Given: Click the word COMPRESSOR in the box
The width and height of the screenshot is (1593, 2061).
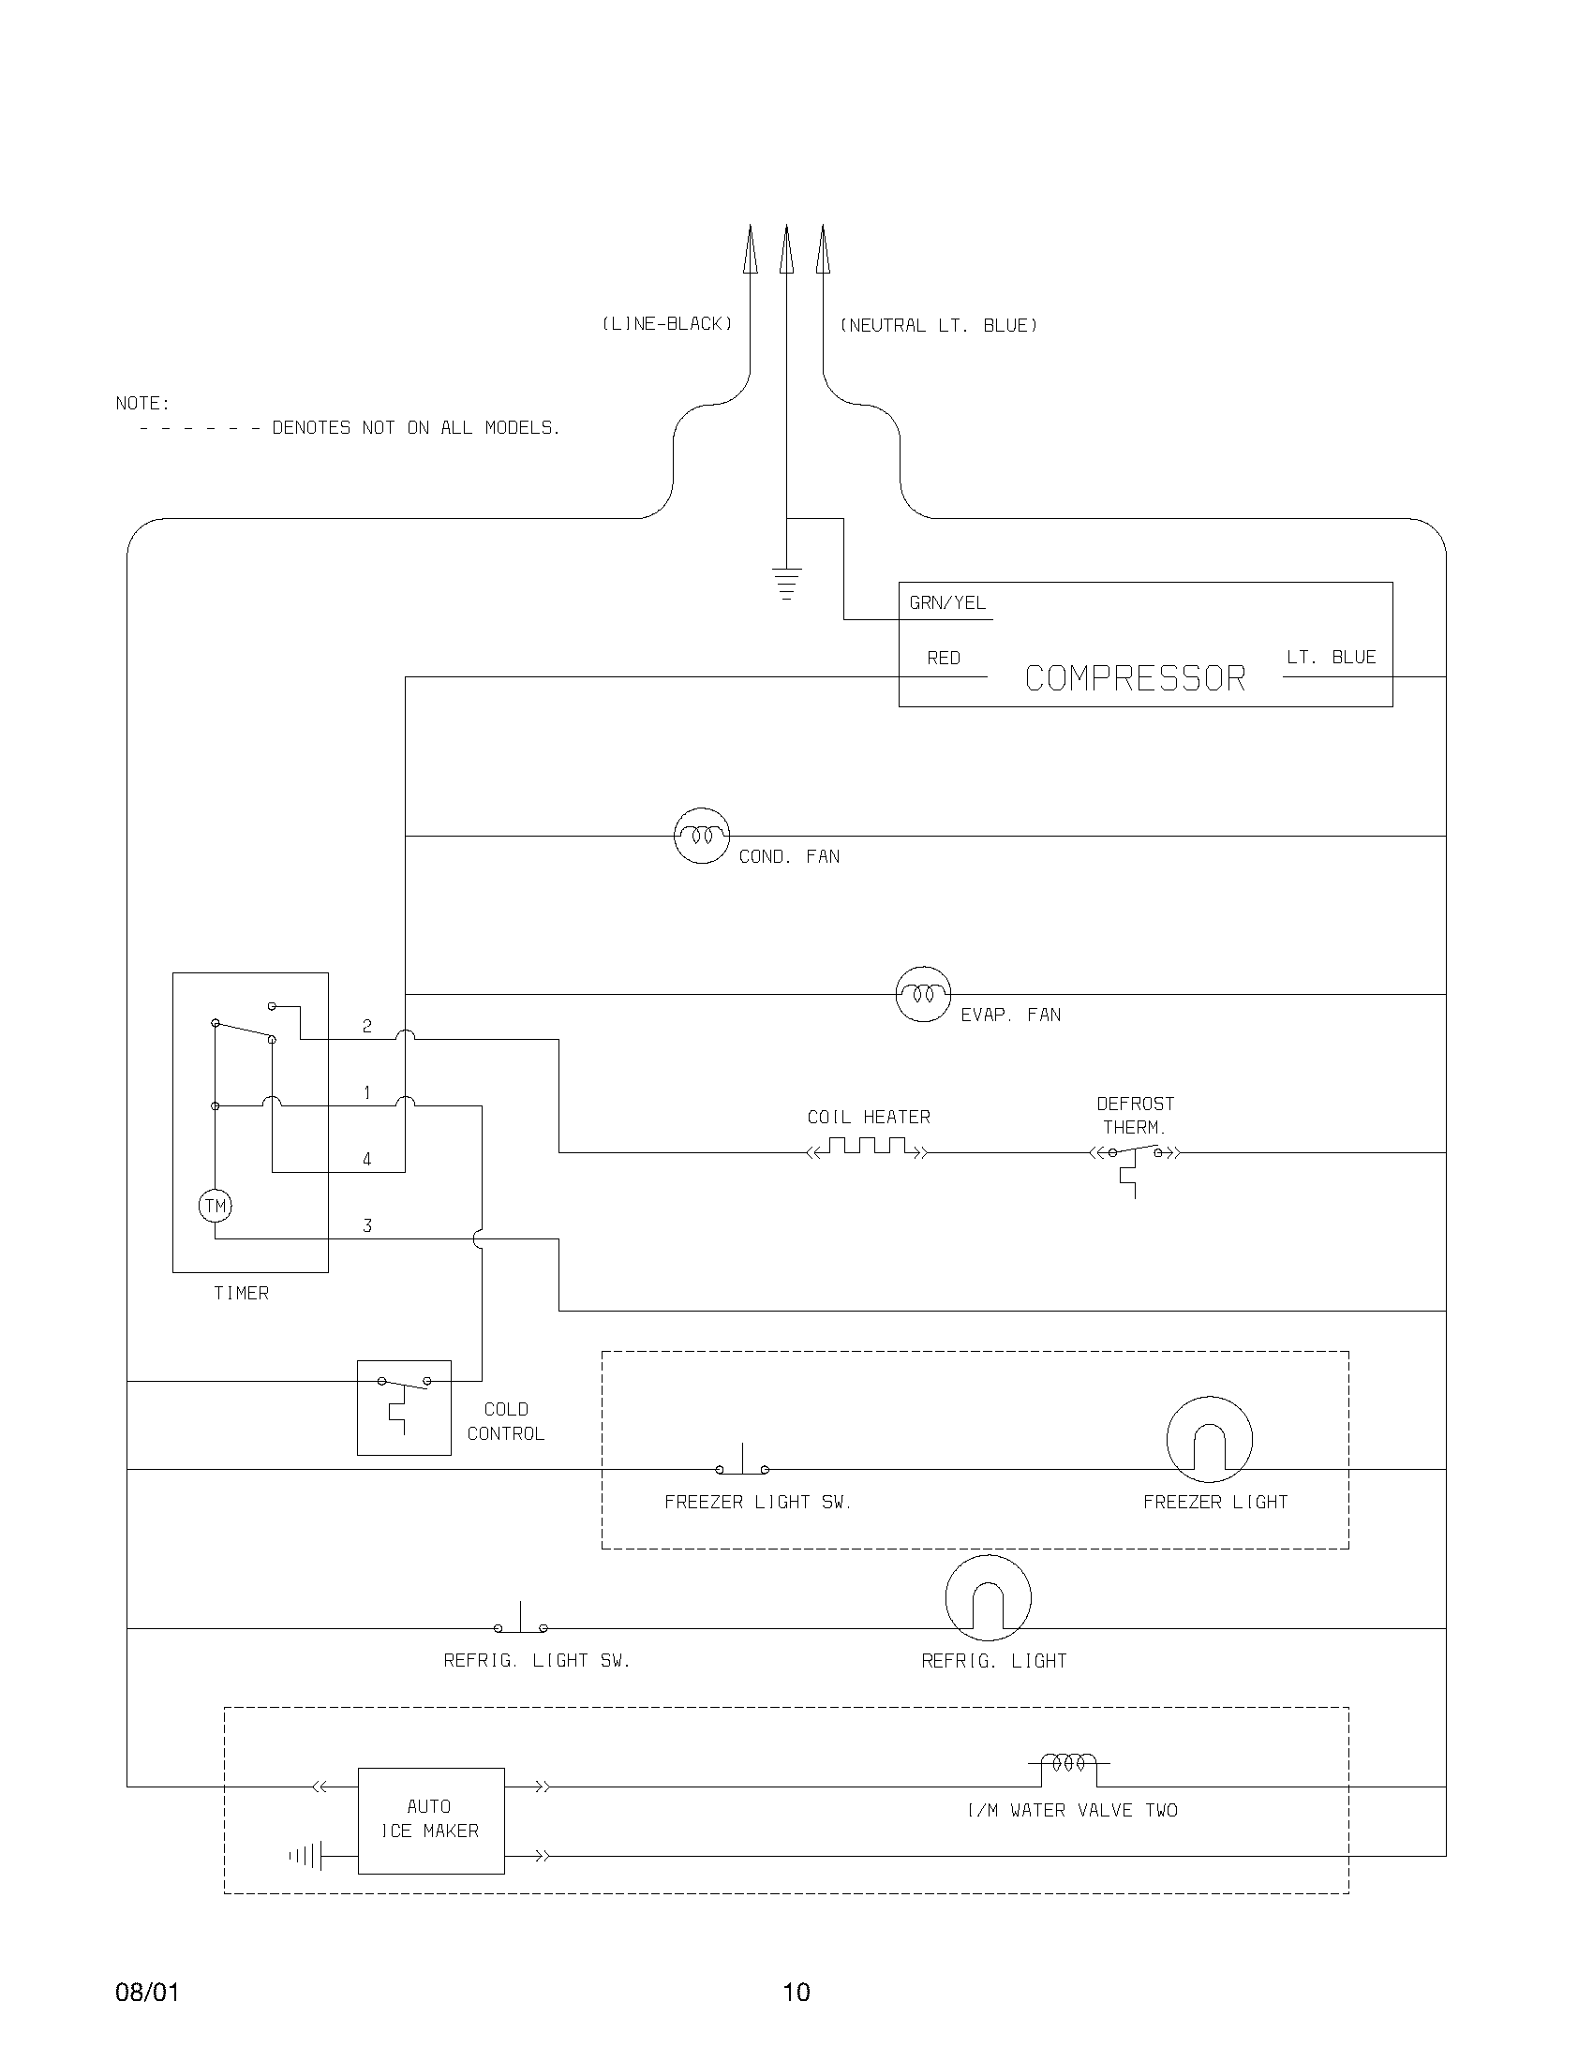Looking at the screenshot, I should (1136, 678).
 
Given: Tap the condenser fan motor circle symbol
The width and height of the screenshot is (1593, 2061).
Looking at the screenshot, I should (702, 835).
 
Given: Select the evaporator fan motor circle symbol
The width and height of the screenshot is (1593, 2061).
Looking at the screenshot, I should (922, 994).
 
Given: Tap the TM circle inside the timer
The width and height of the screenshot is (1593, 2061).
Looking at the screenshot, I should (216, 1206).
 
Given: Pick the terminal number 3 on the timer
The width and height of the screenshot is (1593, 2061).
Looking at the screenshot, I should (367, 1226).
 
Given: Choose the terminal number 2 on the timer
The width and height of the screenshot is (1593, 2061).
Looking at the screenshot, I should (367, 1026).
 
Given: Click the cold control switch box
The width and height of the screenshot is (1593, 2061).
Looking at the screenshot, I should (404, 1408).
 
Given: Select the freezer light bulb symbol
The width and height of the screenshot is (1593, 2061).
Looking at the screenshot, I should (1209, 1439).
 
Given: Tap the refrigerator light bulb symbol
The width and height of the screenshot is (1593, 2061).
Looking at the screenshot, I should (988, 1598).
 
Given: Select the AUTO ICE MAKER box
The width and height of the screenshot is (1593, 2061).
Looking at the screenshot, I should (431, 1820).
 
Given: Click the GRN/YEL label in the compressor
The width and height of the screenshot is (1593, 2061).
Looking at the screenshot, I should (947, 603).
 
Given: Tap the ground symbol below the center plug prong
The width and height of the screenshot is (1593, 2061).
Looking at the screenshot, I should (786, 584).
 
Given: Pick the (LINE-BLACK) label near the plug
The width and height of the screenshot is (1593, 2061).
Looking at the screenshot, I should (667, 324).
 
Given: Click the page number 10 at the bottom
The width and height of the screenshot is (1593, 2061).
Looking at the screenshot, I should (796, 1992).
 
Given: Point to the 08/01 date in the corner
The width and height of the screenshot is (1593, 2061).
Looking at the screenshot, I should (147, 1992).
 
